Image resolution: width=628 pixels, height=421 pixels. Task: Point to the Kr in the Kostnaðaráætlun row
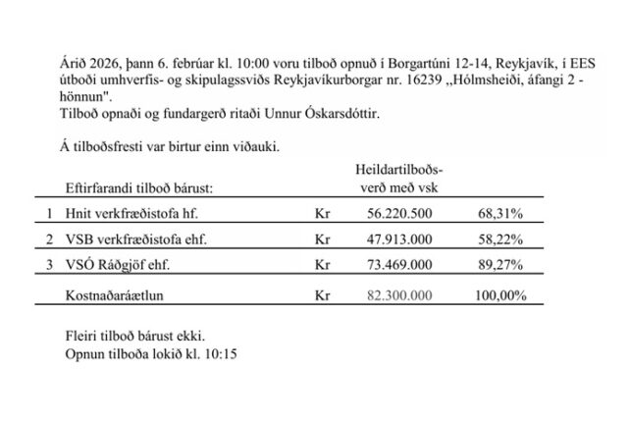[x=318, y=293]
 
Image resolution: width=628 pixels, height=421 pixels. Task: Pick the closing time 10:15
[x=218, y=352]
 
